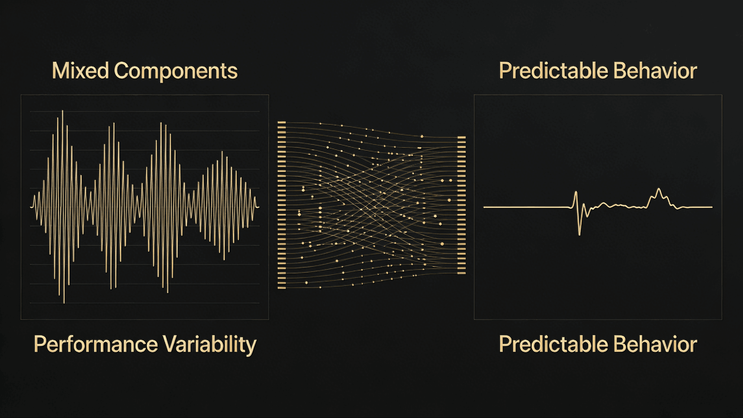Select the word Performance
(96, 344)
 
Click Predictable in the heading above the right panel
(550, 71)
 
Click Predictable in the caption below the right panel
(550, 344)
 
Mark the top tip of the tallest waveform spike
(63, 111)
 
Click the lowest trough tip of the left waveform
(64, 303)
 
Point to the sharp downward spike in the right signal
(579, 235)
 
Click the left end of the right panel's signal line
(484, 207)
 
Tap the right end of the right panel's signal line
(712, 207)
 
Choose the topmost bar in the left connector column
(281, 122)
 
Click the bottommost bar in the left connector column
(281, 288)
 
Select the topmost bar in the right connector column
(462, 138)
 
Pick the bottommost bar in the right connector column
(462, 273)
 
